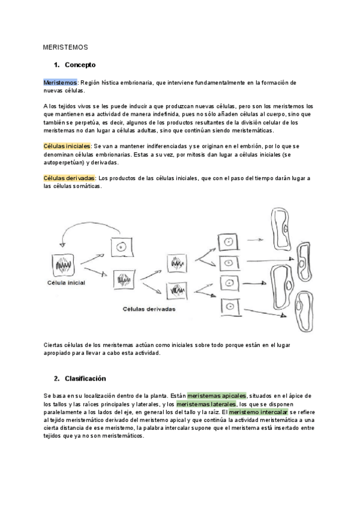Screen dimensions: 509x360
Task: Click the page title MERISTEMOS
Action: pyautogui.click(x=65, y=46)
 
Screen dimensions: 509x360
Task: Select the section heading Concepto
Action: pyautogui.click(x=80, y=65)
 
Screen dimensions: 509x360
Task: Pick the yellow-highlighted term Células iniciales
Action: pyautogui.click(x=67, y=146)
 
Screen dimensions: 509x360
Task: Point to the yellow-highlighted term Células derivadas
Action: pyautogui.click(x=69, y=178)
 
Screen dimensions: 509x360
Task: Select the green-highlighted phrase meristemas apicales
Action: pyautogui.click(x=217, y=396)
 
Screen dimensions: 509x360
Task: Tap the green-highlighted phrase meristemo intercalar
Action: pyautogui.click(x=259, y=412)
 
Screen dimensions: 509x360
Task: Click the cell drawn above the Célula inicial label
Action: pyautogui.click(x=64, y=265)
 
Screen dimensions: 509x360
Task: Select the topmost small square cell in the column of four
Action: pyautogui.click(x=228, y=242)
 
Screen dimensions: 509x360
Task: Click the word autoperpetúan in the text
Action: pyautogui.click(x=66, y=163)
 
